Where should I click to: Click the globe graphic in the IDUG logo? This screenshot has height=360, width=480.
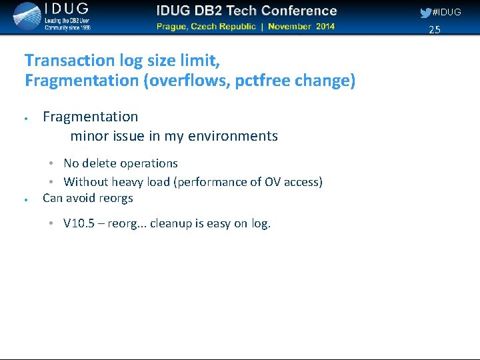tap(27, 16)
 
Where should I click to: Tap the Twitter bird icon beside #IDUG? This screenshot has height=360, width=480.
tap(425, 13)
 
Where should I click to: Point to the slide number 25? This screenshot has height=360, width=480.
tap(435, 29)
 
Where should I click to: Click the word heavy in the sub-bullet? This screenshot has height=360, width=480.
tap(127, 182)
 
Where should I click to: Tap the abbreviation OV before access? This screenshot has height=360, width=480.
tap(273, 182)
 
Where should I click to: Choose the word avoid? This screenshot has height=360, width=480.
tap(81, 198)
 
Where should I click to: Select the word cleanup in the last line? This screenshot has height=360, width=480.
tap(171, 223)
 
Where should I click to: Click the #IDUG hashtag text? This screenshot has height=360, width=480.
tap(447, 13)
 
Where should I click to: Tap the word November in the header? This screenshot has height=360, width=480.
tap(291, 27)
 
